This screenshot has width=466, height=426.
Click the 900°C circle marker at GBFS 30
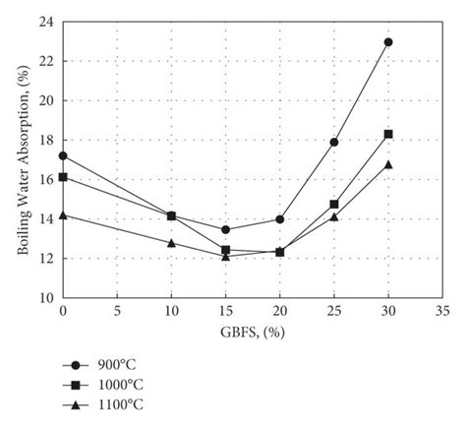point(388,42)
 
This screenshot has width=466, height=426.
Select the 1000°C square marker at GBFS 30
point(388,134)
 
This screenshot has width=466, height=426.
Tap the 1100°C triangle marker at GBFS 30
point(388,164)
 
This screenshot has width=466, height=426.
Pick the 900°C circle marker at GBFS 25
point(334,142)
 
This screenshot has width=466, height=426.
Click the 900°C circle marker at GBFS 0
point(63,155)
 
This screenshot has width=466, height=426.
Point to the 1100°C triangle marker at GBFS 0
point(63,214)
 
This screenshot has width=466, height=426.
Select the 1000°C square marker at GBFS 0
point(63,177)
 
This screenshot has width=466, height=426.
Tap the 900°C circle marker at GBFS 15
point(225,229)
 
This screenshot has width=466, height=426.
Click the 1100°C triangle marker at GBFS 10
point(171,242)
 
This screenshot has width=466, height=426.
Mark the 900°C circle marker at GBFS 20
point(280,218)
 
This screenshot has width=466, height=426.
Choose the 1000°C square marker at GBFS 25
point(334,205)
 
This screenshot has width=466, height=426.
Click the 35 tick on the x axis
point(442,310)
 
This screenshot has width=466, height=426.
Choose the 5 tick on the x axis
point(117,310)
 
